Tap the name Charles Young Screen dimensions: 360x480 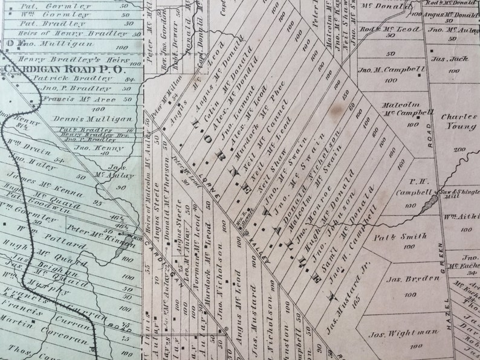click(x=458, y=123)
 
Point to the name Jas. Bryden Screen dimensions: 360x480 click(x=401, y=279)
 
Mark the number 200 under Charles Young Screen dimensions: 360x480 click(x=459, y=149)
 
